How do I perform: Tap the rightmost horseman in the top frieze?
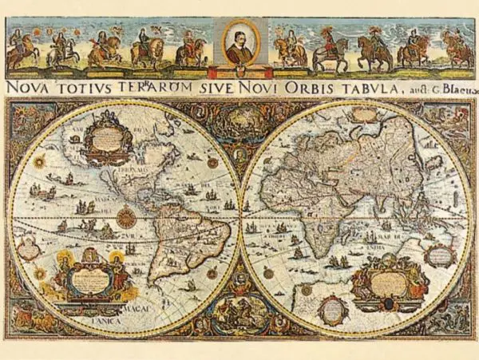[458, 49]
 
